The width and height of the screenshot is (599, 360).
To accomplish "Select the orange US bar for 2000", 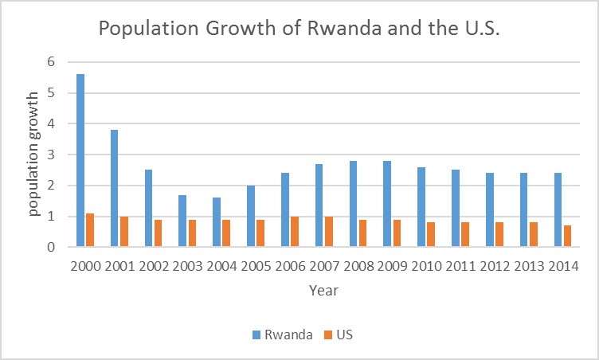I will click(x=89, y=230).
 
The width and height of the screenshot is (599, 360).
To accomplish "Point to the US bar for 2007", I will click(x=328, y=232).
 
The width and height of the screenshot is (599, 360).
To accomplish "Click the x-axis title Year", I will click(x=323, y=291).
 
